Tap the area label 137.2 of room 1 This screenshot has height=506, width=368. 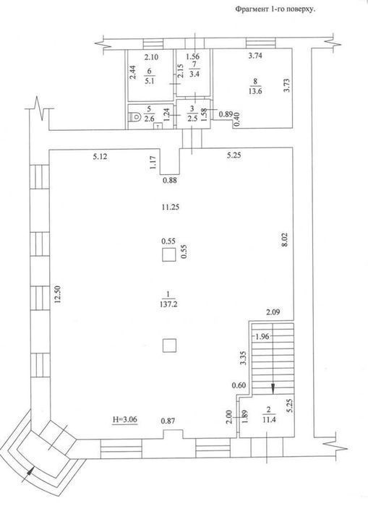(168, 304)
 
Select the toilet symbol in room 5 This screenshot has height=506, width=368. (134, 117)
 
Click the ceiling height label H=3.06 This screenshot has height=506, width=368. (125, 419)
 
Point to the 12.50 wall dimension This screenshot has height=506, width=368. (58, 294)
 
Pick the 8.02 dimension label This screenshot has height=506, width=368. (284, 240)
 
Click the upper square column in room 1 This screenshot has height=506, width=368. (169, 254)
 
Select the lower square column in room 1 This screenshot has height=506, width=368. (169, 346)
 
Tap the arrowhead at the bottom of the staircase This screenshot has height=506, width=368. (273, 389)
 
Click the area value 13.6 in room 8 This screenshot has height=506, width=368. (255, 91)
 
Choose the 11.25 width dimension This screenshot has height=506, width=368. (170, 207)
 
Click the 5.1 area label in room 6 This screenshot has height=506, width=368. (150, 81)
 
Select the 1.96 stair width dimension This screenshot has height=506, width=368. (262, 337)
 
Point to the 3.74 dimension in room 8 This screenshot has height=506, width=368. (254, 56)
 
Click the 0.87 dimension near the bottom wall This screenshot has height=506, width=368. (168, 421)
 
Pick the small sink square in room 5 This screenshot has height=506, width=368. (158, 126)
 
